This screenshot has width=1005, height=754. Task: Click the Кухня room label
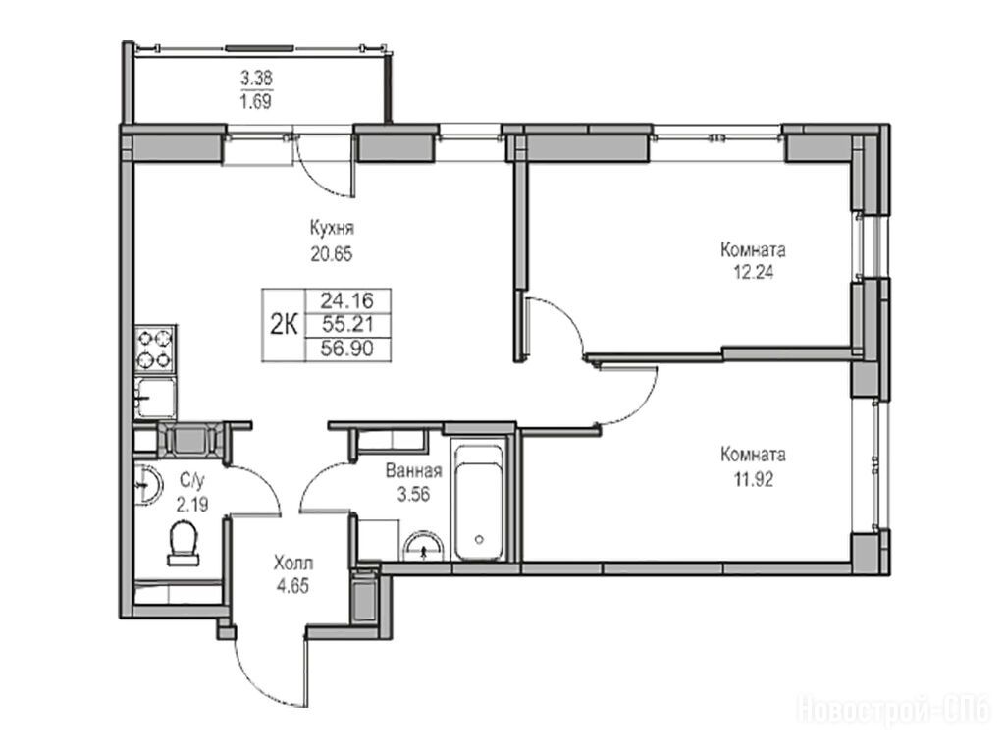(x=332, y=229)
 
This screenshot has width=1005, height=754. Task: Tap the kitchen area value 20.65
(x=332, y=254)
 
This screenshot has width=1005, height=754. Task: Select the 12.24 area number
(x=754, y=273)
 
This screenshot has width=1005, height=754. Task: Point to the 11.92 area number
(x=753, y=478)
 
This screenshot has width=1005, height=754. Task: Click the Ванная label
(x=413, y=471)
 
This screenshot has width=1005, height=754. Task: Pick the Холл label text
(x=292, y=564)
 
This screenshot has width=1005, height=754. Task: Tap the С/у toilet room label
(x=191, y=480)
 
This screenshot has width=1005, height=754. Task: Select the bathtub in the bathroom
(x=478, y=500)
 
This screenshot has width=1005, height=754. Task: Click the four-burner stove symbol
(x=154, y=349)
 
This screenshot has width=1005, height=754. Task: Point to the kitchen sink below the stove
(x=154, y=398)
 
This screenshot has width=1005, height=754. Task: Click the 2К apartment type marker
(x=283, y=326)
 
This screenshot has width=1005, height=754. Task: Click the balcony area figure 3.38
(x=256, y=79)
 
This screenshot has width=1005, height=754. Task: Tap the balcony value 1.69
(x=256, y=101)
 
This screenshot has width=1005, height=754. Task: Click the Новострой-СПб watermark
(x=895, y=711)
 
